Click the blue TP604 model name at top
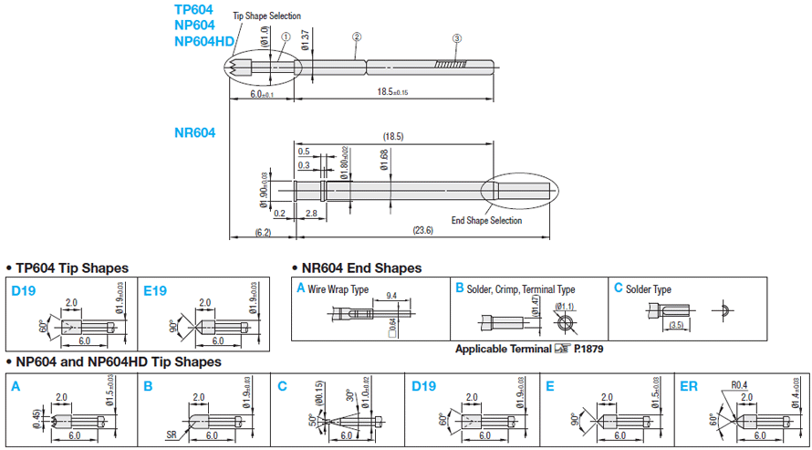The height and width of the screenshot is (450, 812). (x=194, y=9)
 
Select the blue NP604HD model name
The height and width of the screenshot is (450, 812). (x=203, y=41)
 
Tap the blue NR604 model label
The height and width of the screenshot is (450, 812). (x=194, y=132)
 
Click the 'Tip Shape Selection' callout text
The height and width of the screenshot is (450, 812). (x=266, y=16)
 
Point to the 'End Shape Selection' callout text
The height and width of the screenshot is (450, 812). (x=487, y=220)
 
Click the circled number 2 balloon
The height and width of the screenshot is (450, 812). (x=357, y=37)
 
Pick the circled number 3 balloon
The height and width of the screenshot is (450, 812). (x=457, y=38)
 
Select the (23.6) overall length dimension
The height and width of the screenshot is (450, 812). (x=422, y=230)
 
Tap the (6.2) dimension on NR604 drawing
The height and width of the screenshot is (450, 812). (x=260, y=234)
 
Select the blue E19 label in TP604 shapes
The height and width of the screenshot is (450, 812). (x=156, y=290)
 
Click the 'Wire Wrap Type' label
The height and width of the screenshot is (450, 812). (x=338, y=288)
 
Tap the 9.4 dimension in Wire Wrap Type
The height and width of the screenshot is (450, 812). (x=391, y=296)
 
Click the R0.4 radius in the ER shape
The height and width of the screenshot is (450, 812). (x=739, y=384)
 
